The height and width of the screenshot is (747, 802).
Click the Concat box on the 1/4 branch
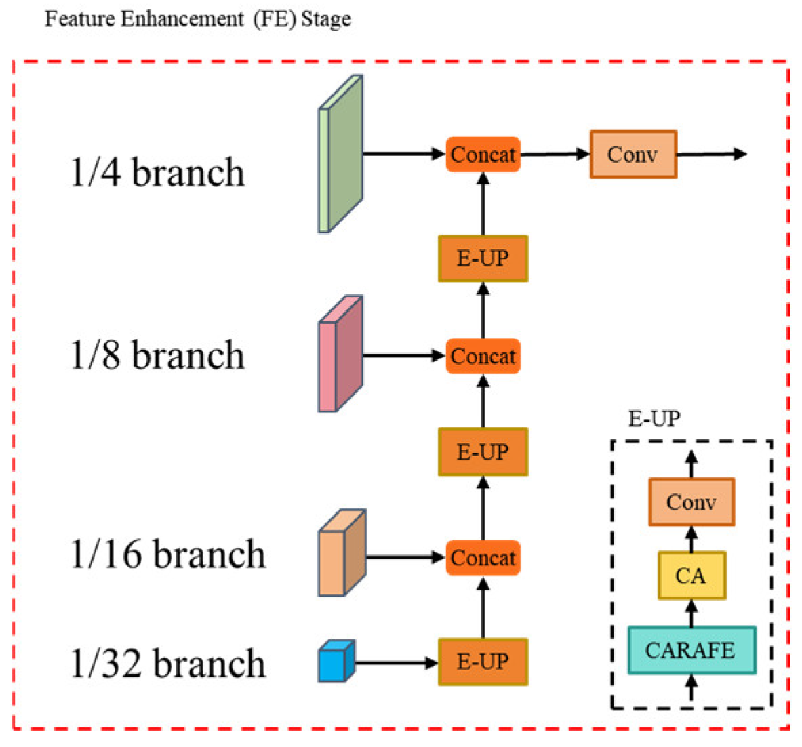(483, 155)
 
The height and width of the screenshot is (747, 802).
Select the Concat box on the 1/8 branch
(483, 357)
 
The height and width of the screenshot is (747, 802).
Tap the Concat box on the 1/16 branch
(483, 558)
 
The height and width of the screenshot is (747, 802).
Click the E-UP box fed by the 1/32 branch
(483, 662)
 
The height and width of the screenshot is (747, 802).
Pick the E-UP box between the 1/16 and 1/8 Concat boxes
(483, 452)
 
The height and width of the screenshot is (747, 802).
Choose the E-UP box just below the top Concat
(483, 258)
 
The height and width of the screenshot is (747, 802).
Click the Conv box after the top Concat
(633, 155)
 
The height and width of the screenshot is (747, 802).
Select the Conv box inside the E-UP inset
(691, 502)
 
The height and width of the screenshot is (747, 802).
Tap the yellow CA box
(691, 576)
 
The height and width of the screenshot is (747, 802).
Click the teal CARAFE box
(691, 650)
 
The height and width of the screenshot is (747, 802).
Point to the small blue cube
(336, 661)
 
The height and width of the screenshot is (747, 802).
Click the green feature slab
(341, 155)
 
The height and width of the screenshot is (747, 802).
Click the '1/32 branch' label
(167, 663)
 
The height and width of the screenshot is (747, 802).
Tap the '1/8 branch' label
(157, 355)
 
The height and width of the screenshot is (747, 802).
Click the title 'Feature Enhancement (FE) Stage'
(197, 18)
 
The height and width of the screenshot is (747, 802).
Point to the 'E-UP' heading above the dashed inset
(654, 419)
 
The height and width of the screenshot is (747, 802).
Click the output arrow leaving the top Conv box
(712, 155)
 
